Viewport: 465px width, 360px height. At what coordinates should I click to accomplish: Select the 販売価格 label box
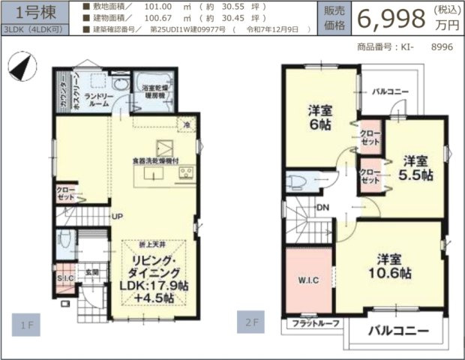pos(334,18)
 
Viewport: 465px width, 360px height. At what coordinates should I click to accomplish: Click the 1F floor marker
pos(26,325)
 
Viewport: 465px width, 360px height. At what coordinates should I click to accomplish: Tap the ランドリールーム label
pos(99,101)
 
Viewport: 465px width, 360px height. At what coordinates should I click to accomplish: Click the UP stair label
pos(118,217)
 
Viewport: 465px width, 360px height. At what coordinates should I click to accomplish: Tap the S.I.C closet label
pos(65,280)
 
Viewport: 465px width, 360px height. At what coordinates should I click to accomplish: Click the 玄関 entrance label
pos(91,272)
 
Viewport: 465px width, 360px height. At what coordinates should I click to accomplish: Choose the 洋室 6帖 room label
pos(321,118)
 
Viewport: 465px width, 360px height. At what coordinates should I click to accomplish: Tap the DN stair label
pos(323,208)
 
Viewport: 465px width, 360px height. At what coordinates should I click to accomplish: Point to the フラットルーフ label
pos(315,323)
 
